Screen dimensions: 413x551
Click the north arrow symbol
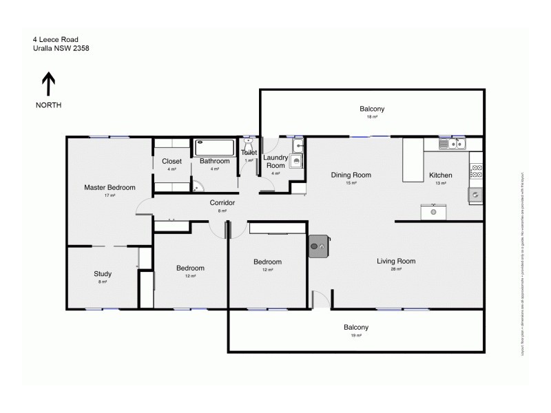coord(49,85)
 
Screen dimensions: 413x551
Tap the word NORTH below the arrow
coord(49,105)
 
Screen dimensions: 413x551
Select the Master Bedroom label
coord(110,187)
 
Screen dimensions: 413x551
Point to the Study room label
coord(103,274)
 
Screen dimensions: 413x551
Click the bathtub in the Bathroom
coord(215,147)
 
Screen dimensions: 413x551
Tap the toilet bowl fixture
coord(249,145)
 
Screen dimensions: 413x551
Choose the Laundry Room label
coord(275,162)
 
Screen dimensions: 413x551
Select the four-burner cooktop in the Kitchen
coord(476,171)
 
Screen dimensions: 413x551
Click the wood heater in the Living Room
coord(319,246)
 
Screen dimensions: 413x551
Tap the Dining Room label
coord(351,175)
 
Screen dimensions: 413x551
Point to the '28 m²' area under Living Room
coord(396,270)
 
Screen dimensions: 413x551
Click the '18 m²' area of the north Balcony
coord(372,118)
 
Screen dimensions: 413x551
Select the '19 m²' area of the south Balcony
coord(356,336)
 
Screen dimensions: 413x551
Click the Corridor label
coord(222,203)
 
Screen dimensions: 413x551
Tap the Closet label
coord(171,161)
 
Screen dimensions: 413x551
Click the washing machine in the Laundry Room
coord(296,162)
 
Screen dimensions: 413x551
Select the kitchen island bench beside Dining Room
coord(413,160)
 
